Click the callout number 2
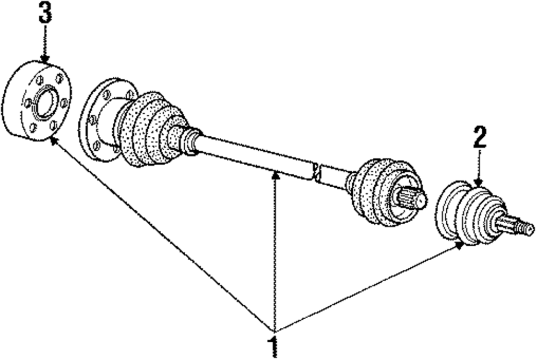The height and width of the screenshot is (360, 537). (x=480, y=138)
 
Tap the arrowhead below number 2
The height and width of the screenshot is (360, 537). (x=479, y=183)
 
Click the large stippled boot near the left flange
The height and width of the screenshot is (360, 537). (x=150, y=129)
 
